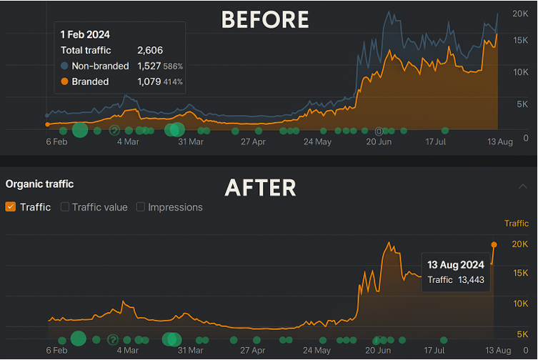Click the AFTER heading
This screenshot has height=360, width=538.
click(260, 187)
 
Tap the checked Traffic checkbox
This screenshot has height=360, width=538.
click(11, 207)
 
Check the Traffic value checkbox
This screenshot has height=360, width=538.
click(65, 207)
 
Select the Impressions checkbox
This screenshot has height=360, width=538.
click(141, 207)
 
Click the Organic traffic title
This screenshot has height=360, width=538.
click(39, 184)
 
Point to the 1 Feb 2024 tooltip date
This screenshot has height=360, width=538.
click(86, 34)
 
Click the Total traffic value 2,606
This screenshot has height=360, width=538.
click(149, 50)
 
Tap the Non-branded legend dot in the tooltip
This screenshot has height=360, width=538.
click(64, 66)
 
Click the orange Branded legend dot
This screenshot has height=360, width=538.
click(64, 81)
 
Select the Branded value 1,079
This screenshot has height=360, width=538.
click(149, 81)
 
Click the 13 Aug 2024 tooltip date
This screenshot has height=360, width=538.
click(456, 265)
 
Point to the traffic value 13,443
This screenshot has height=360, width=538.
click(469, 279)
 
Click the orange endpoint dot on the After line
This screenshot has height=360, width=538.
click(494, 244)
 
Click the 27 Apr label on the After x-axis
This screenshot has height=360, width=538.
click(253, 351)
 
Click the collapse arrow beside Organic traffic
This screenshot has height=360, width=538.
click(523, 185)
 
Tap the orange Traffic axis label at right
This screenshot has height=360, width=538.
click(516, 224)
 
